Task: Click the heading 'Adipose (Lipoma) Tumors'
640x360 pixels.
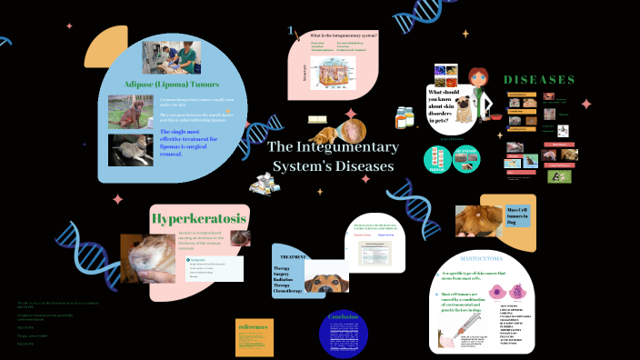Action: click(x=163, y=85)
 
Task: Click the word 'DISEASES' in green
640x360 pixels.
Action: click(x=540, y=80)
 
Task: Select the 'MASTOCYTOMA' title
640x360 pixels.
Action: click(x=482, y=258)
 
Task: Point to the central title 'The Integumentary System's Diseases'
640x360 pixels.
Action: click(x=334, y=156)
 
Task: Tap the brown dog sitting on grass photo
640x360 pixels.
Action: click(x=131, y=111)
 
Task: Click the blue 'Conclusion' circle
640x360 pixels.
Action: click(x=344, y=334)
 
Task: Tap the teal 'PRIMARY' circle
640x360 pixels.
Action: click(x=438, y=159)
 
